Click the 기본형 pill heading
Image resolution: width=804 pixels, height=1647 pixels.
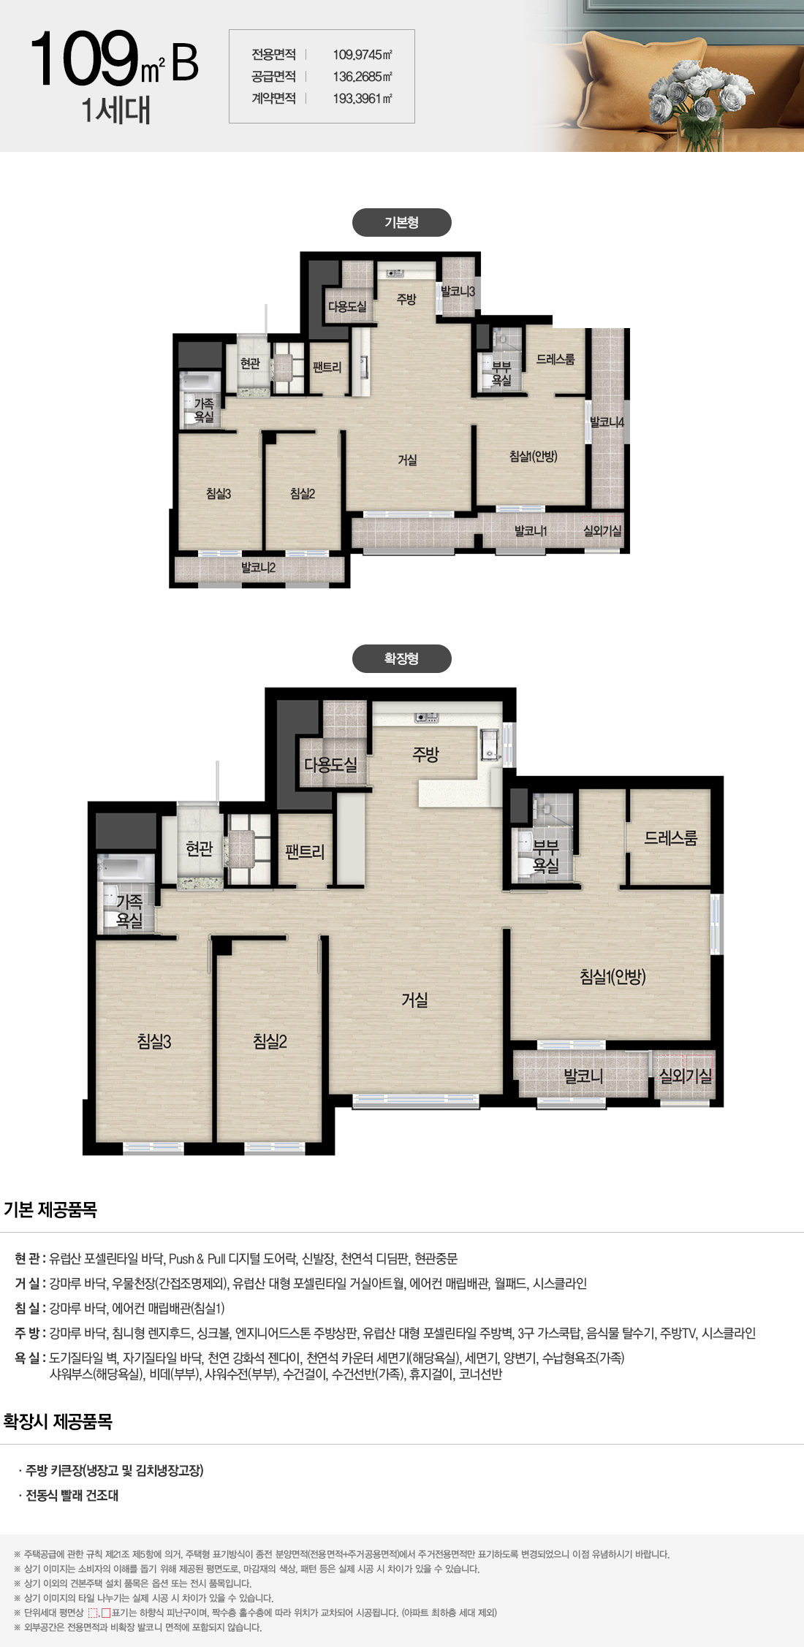point(401,222)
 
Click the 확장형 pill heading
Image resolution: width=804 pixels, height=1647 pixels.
point(401,658)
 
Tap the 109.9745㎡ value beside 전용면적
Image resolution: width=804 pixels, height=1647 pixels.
point(363,55)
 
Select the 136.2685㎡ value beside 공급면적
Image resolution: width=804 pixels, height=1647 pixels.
point(363,77)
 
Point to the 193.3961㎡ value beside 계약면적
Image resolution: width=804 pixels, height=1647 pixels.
point(363,99)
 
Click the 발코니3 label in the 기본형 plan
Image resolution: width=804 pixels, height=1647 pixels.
point(458,292)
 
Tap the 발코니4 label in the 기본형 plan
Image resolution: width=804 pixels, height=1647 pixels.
point(607,422)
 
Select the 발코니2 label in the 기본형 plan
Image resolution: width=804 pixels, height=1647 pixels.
point(258,567)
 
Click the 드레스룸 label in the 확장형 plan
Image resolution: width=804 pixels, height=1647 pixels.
point(670,838)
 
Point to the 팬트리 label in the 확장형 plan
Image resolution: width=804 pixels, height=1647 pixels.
point(305,851)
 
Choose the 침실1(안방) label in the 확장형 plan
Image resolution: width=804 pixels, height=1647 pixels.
point(613,976)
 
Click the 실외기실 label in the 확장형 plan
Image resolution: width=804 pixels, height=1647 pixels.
point(685,1076)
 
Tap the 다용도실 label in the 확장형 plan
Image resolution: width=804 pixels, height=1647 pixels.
point(330,764)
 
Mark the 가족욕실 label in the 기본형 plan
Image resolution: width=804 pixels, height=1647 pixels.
point(204,410)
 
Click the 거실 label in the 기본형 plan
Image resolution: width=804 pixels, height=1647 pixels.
point(407,460)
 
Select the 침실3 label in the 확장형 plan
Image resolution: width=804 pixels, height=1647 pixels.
point(154,1041)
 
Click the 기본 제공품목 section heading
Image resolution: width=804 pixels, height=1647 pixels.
point(50,1210)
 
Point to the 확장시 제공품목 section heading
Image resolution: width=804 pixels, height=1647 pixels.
point(58,1421)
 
